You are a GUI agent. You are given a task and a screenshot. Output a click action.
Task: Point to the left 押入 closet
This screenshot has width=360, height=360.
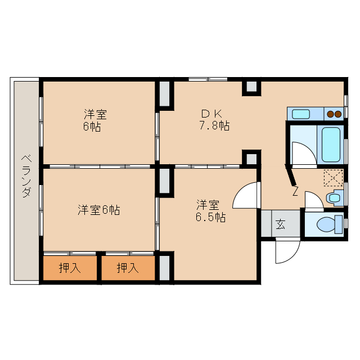[x=70, y=268]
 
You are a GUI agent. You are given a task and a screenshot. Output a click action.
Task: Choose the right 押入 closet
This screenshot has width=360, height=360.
[x=128, y=268]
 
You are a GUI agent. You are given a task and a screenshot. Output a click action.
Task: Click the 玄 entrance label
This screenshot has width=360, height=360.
[x=280, y=225]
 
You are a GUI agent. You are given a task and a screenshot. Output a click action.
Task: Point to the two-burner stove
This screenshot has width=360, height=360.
[x=334, y=114]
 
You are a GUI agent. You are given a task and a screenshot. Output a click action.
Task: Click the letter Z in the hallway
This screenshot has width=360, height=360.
[x=295, y=192]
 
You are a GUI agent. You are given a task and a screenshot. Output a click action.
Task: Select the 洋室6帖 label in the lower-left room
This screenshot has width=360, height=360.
[x=98, y=210]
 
